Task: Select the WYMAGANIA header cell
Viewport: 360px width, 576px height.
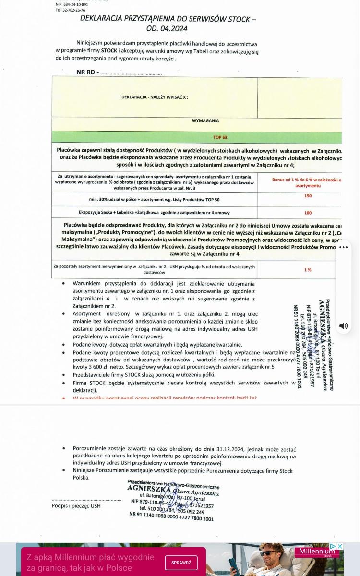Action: (x=205, y=121)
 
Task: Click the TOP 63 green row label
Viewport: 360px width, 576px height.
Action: (x=220, y=137)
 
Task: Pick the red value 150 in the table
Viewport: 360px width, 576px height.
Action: (x=308, y=196)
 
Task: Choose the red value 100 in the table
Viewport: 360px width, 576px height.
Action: (x=308, y=213)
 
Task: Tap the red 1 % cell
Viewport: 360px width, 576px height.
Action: (x=308, y=270)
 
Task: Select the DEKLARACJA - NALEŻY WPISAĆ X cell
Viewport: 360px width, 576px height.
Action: (x=155, y=97)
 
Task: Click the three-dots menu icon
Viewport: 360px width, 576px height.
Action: (x=343, y=248)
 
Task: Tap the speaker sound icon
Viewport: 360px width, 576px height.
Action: (x=344, y=326)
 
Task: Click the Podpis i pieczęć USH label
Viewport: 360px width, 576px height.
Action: (x=76, y=505)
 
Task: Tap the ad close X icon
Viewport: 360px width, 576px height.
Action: (x=340, y=546)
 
